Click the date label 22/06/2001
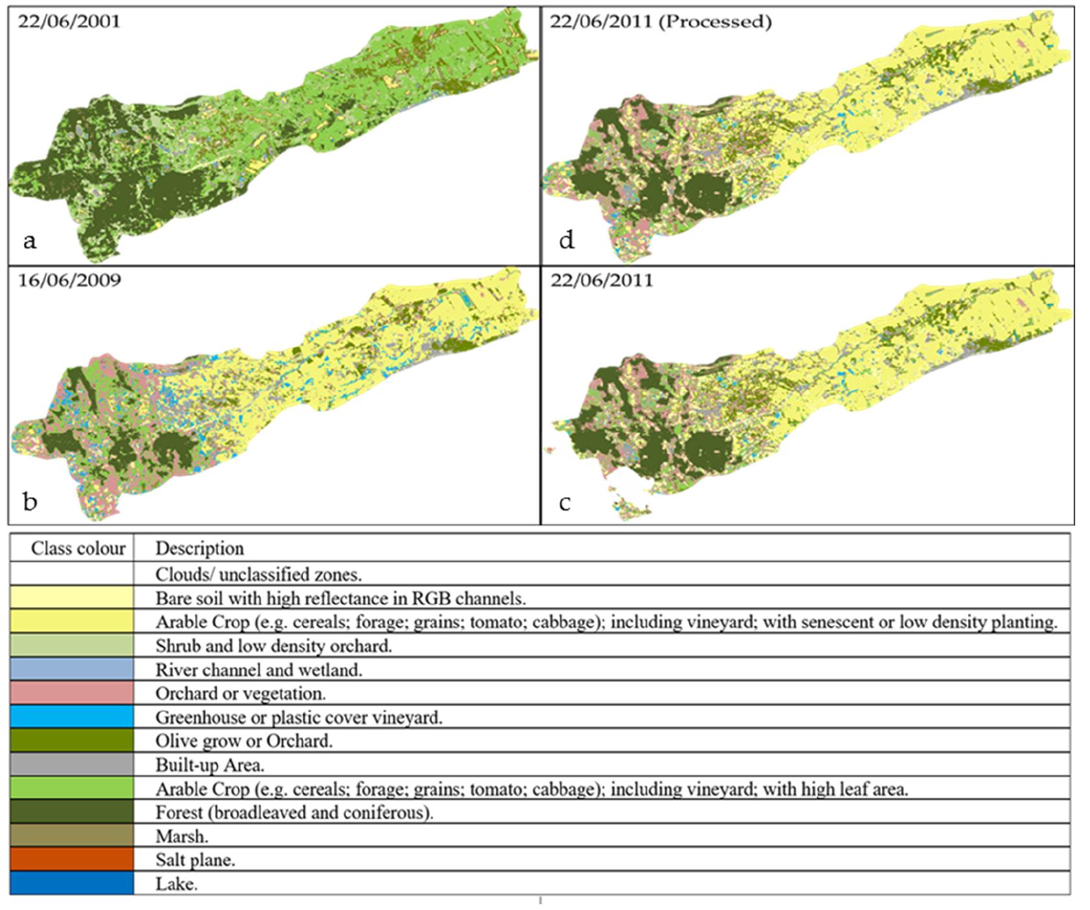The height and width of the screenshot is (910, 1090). tap(69, 21)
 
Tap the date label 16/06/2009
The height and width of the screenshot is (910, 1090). tap(69, 281)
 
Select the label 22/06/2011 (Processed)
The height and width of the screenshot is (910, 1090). tap(661, 21)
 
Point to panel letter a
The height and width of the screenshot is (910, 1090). tap(29, 241)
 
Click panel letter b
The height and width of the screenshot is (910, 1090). tap(30, 502)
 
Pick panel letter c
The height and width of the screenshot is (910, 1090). tap(565, 503)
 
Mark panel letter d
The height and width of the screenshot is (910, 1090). tap(566, 241)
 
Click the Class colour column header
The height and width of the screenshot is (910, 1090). tap(78, 548)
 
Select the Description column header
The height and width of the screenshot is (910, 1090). tap(199, 548)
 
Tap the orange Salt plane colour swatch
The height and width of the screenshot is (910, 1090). tap(72, 860)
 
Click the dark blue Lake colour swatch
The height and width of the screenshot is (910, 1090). tap(72, 883)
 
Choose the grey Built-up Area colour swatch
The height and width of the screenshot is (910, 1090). tap(72, 765)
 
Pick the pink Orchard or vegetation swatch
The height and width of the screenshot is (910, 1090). tap(72, 693)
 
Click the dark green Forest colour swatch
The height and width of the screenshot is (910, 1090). tap(72, 812)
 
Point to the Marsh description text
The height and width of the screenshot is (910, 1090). tap(181, 836)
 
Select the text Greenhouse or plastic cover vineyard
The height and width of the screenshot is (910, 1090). tap(299, 717)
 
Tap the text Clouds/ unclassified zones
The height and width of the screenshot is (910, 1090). tap(258, 574)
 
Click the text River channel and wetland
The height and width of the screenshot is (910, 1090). tap(258, 670)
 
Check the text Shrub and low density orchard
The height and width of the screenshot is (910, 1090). tap(273, 645)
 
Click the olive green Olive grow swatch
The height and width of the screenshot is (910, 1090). tap(72, 741)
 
